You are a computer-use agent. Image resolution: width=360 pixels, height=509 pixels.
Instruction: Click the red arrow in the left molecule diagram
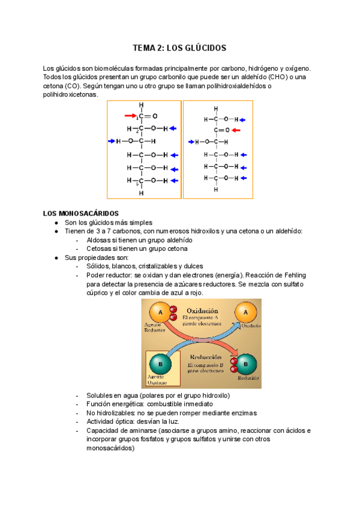[130, 115]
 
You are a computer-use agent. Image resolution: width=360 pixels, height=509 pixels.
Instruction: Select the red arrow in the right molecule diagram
[236, 130]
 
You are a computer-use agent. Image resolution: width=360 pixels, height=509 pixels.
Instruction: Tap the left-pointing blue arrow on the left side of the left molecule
[111, 142]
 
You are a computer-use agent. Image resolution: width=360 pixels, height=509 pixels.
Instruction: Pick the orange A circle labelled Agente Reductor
[158, 312]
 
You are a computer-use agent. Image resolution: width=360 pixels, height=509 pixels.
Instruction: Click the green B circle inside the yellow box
[160, 363]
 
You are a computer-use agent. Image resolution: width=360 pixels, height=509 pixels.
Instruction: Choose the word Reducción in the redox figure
[205, 357]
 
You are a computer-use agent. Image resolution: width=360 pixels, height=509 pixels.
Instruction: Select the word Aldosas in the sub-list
[100, 239]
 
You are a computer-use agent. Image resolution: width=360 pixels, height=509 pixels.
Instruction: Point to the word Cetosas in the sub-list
[100, 248]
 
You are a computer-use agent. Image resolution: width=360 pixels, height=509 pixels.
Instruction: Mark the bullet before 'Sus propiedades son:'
[56, 258]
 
